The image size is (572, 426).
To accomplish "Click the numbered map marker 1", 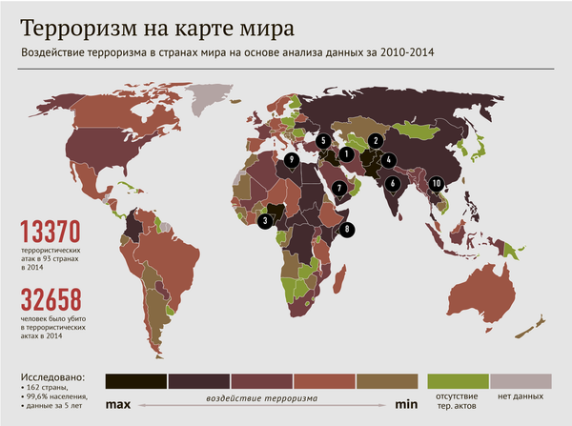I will click(x=346, y=152).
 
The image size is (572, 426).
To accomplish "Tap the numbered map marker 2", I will click(x=376, y=141).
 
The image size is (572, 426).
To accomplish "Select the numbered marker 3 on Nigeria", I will click(x=263, y=220).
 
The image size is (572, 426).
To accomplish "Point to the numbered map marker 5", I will click(x=324, y=140).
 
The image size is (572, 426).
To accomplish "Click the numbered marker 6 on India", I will click(x=392, y=181).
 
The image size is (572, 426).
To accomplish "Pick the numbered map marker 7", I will click(x=339, y=188).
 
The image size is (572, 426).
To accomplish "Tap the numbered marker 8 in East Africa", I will click(x=348, y=229).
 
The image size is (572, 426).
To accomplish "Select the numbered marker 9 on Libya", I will click(x=293, y=159).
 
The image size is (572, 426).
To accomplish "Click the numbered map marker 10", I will click(x=436, y=183).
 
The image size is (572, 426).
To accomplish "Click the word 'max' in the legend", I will click(x=117, y=405).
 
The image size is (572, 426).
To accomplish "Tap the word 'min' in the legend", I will click(x=407, y=405).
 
